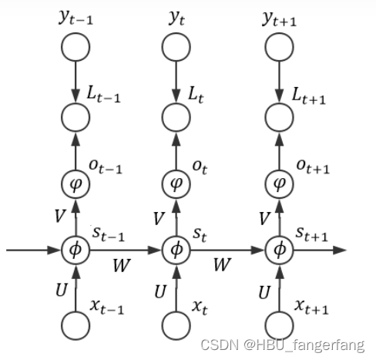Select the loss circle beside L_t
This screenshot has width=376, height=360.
click(x=176, y=118)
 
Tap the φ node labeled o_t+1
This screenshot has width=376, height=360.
click(x=279, y=184)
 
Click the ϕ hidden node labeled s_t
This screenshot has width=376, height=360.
click(x=176, y=250)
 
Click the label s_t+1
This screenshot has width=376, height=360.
click(x=311, y=232)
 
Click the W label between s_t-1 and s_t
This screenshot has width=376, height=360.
click(x=122, y=265)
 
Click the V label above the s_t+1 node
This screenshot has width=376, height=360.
click(x=264, y=219)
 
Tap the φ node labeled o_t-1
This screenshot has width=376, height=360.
click(x=76, y=184)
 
